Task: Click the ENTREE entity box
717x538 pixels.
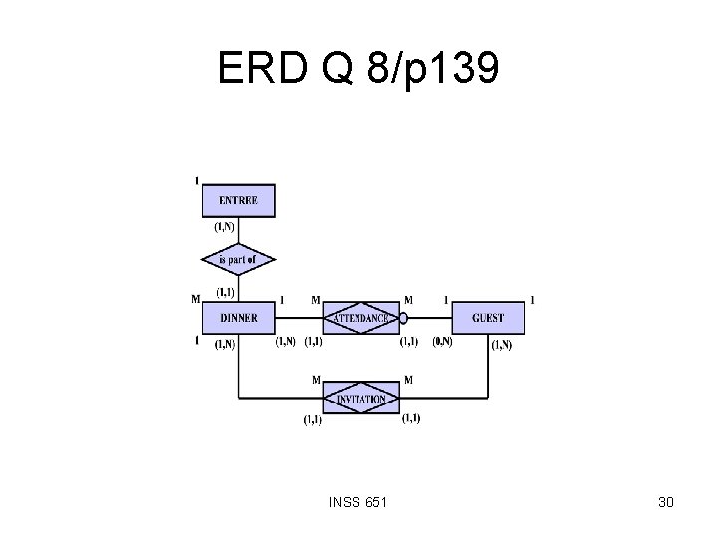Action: [238, 200]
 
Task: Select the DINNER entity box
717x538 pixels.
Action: [238, 319]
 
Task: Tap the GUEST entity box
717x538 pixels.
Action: [488, 319]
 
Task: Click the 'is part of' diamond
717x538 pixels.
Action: [238, 260]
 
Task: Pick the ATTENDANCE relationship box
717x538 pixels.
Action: [361, 319]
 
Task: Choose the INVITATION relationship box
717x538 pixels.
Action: [361, 399]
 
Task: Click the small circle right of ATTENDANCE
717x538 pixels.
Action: [403, 319]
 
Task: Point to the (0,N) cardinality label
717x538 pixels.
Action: [442, 342]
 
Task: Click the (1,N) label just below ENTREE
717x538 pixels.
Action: [226, 226]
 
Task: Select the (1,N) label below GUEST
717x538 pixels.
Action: [502, 345]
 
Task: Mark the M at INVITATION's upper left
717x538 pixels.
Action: [315, 380]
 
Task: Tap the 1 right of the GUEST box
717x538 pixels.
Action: [532, 299]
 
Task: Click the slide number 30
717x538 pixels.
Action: [665, 502]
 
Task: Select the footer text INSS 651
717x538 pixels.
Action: [358, 502]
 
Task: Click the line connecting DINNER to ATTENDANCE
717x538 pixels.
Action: [299, 319]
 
